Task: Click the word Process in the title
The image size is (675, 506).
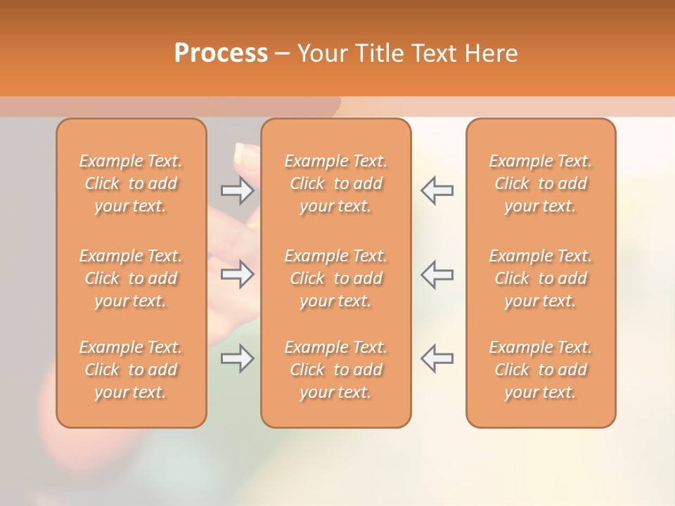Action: point(221,53)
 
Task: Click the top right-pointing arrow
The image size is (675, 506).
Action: point(238,190)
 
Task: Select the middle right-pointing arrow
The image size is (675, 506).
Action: point(238,274)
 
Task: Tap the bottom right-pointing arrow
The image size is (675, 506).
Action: point(238,358)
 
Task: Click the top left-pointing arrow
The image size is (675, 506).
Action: point(437,190)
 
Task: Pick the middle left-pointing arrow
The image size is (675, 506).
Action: point(437,274)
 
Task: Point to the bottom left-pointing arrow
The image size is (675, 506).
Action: point(437,358)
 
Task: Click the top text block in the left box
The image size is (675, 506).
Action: point(131,183)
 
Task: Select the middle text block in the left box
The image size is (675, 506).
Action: point(131,278)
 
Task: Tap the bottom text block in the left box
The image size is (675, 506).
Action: point(131,370)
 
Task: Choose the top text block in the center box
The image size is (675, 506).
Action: point(336,183)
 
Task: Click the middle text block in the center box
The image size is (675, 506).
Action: point(336,278)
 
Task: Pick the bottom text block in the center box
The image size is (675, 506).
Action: point(336,370)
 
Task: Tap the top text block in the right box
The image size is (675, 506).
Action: point(541,183)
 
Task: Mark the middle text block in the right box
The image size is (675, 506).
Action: point(541,278)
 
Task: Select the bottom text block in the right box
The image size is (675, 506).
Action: point(541,370)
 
